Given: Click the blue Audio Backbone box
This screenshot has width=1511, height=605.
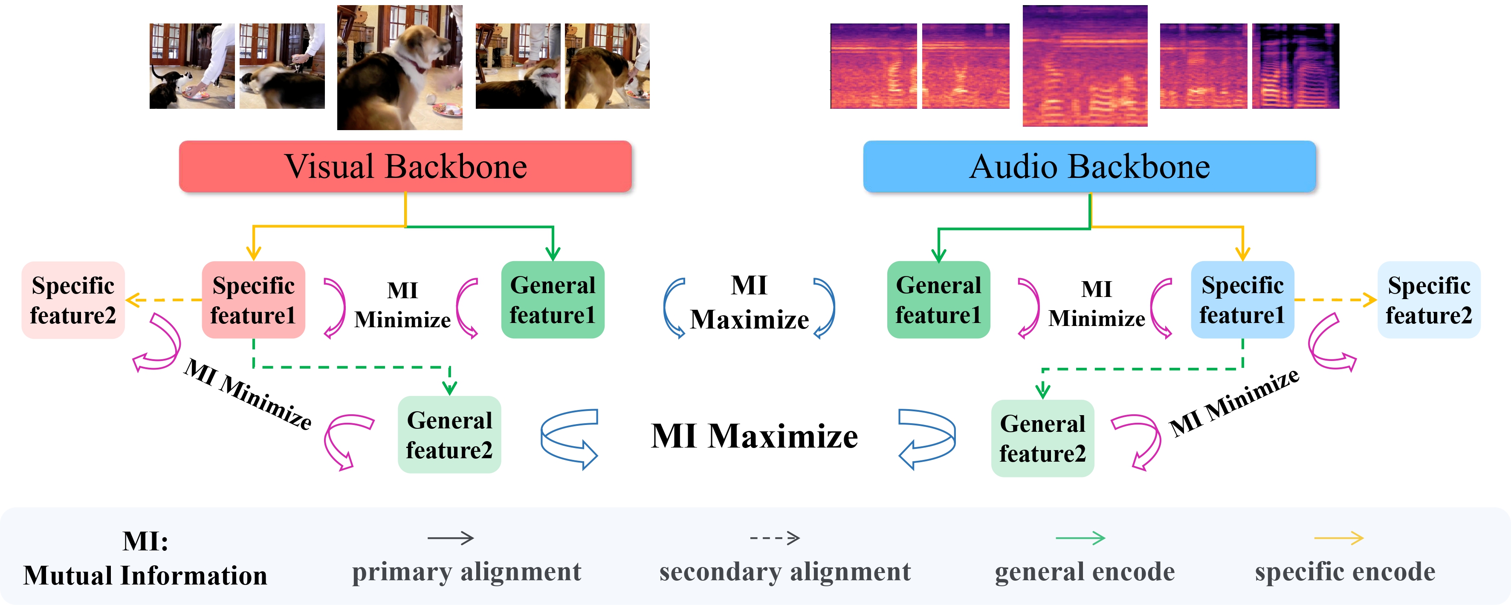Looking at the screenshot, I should pyautogui.click(x=1089, y=167).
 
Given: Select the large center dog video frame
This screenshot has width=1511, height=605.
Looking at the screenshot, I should pyautogui.click(x=399, y=67).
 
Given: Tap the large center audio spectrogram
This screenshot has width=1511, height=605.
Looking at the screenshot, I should pyautogui.click(x=1085, y=66).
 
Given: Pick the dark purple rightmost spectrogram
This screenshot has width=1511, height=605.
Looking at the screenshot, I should pyautogui.click(x=1295, y=66).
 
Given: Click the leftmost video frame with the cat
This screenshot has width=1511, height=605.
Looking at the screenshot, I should pyautogui.click(x=192, y=66).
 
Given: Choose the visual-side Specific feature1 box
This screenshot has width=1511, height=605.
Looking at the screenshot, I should pyautogui.click(x=253, y=300).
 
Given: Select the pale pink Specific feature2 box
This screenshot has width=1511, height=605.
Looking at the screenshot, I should pyautogui.click(x=73, y=300).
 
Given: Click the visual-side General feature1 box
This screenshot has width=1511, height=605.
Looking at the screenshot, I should pyautogui.click(x=553, y=300).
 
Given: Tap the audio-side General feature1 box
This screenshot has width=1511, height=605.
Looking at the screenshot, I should pyautogui.click(x=938, y=300).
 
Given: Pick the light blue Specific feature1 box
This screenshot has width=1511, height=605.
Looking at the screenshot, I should pyautogui.click(x=1242, y=300).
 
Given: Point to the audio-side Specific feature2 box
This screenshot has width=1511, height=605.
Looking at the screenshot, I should pyautogui.click(x=1428, y=300).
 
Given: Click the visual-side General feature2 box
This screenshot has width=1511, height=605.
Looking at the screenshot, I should pyautogui.click(x=449, y=435).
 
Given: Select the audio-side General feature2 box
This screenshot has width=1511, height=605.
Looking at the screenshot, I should pyautogui.click(x=1042, y=438).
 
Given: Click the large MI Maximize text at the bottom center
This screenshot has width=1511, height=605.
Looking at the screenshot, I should pyautogui.click(x=754, y=436).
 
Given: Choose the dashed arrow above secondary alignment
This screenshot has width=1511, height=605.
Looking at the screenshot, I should pyautogui.click(x=774, y=538).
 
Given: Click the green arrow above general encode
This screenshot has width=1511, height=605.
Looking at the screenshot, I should pyautogui.click(x=1080, y=538).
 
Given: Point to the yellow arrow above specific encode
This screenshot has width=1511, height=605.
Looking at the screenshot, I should pyautogui.click(x=1339, y=538).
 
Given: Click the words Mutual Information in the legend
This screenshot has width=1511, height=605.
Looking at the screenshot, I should pyautogui.click(x=145, y=575).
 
